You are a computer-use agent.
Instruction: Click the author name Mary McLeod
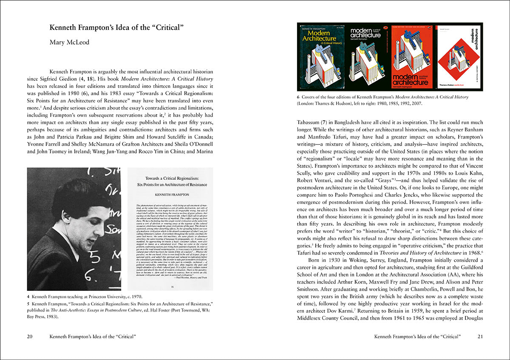click(x=69, y=42)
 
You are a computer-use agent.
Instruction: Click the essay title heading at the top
click(x=116, y=28)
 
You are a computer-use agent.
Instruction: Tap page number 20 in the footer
click(x=30, y=337)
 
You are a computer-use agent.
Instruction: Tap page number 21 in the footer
click(x=480, y=337)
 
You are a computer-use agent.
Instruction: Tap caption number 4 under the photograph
click(x=28, y=296)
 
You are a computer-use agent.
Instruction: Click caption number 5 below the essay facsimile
click(x=28, y=304)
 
